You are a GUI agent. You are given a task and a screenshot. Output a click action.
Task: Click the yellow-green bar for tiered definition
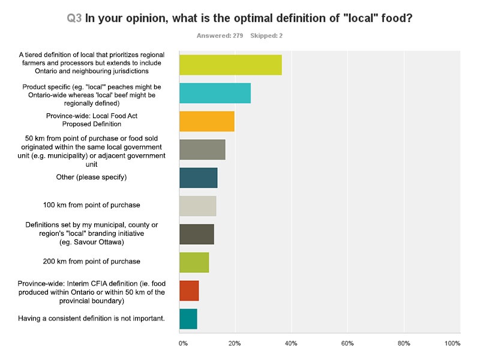[x=230, y=65]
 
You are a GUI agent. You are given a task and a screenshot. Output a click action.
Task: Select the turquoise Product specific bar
[x=215, y=94]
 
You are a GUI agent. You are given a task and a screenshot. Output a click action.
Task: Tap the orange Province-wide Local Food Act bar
[x=207, y=121]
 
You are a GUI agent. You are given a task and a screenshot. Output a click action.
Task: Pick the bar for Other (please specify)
[x=199, y=178]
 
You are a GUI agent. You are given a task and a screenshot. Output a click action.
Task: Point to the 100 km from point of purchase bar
[x=198, y=206]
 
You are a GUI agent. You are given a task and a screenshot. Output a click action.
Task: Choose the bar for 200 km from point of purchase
[x=194, y=262]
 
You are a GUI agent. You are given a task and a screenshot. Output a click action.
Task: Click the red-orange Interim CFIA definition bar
[x=189, y=290]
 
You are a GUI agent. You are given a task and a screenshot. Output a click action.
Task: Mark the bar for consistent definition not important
[x=188, y=319]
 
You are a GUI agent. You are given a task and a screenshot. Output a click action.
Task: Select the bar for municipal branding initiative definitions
[x=197, y=234]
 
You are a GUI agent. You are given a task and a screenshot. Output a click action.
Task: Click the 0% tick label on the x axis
[x=183, y=343]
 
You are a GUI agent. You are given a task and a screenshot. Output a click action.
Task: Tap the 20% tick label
[x=235, y=343]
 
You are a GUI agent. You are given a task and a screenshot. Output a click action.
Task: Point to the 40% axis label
[x=291, y=343]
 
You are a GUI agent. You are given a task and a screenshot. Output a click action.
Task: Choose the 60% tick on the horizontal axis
[x=347, y=343]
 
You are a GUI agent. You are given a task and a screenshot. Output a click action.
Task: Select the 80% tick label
[x=403, y=343]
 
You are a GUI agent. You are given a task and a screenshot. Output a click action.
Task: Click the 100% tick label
[x=452, y=343]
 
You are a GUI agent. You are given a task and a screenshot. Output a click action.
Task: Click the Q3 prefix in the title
[x=74, y=18]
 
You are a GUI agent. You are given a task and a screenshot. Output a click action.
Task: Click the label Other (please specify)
[x=91, y=178]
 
